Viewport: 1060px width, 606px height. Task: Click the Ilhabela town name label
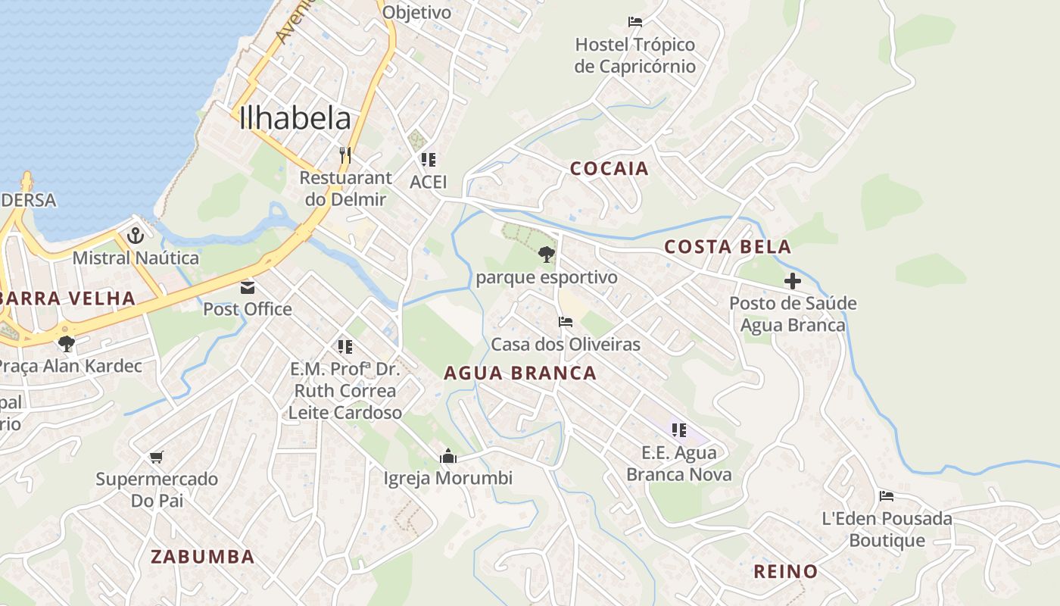(295, 119)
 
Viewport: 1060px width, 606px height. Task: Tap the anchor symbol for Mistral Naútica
(136, 236)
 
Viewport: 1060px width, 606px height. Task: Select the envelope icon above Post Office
(248, 287)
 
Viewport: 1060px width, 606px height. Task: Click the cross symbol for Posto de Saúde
(793, 282)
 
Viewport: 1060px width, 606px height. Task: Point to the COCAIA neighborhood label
(609, 169)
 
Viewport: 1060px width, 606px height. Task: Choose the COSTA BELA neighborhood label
(728, 247)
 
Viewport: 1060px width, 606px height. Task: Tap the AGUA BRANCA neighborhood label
(520, 373)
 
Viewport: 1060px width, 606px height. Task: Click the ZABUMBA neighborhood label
(202, 557)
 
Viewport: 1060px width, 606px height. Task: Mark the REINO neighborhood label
(785, 572)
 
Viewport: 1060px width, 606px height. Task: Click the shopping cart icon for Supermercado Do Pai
(157, 457)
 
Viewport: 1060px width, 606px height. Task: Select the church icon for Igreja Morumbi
(448, 456)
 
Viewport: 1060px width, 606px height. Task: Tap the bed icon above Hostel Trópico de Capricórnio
(634, 22)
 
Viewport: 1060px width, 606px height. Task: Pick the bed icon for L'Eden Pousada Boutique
(887, 496)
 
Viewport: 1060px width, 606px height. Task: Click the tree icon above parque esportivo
(547, 255)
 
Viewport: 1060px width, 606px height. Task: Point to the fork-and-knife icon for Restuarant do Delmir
(345, 155)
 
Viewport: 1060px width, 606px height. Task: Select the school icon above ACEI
(429, 160)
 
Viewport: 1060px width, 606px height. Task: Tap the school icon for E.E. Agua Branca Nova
(679, 430)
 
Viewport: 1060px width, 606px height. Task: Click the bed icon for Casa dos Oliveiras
(566, 322)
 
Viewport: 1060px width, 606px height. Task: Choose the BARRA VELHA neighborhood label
(68, 298)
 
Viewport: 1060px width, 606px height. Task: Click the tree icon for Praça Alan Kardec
(67, 343)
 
